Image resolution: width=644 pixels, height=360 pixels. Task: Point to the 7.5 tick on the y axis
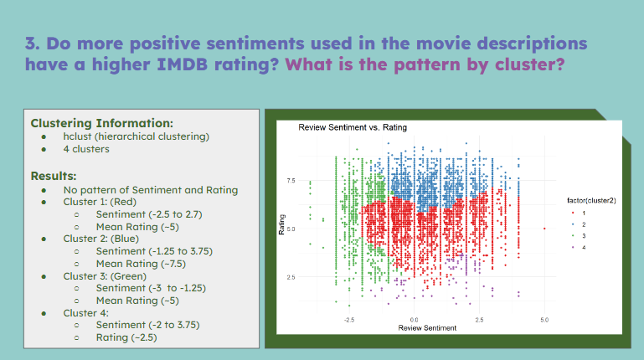291,181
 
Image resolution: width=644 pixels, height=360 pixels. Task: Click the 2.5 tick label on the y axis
291,276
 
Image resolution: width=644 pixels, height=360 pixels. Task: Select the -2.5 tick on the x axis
349,320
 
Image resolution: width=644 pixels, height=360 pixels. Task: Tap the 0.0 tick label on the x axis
415,320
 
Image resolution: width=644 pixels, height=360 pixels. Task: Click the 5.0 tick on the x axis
544,320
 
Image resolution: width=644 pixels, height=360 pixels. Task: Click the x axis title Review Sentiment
427,328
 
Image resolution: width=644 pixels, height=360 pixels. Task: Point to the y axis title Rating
282,228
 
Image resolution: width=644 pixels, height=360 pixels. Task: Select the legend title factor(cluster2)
591,200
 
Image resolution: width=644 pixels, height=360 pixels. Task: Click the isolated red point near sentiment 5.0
544,228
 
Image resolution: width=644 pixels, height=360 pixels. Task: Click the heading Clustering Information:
101,122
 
